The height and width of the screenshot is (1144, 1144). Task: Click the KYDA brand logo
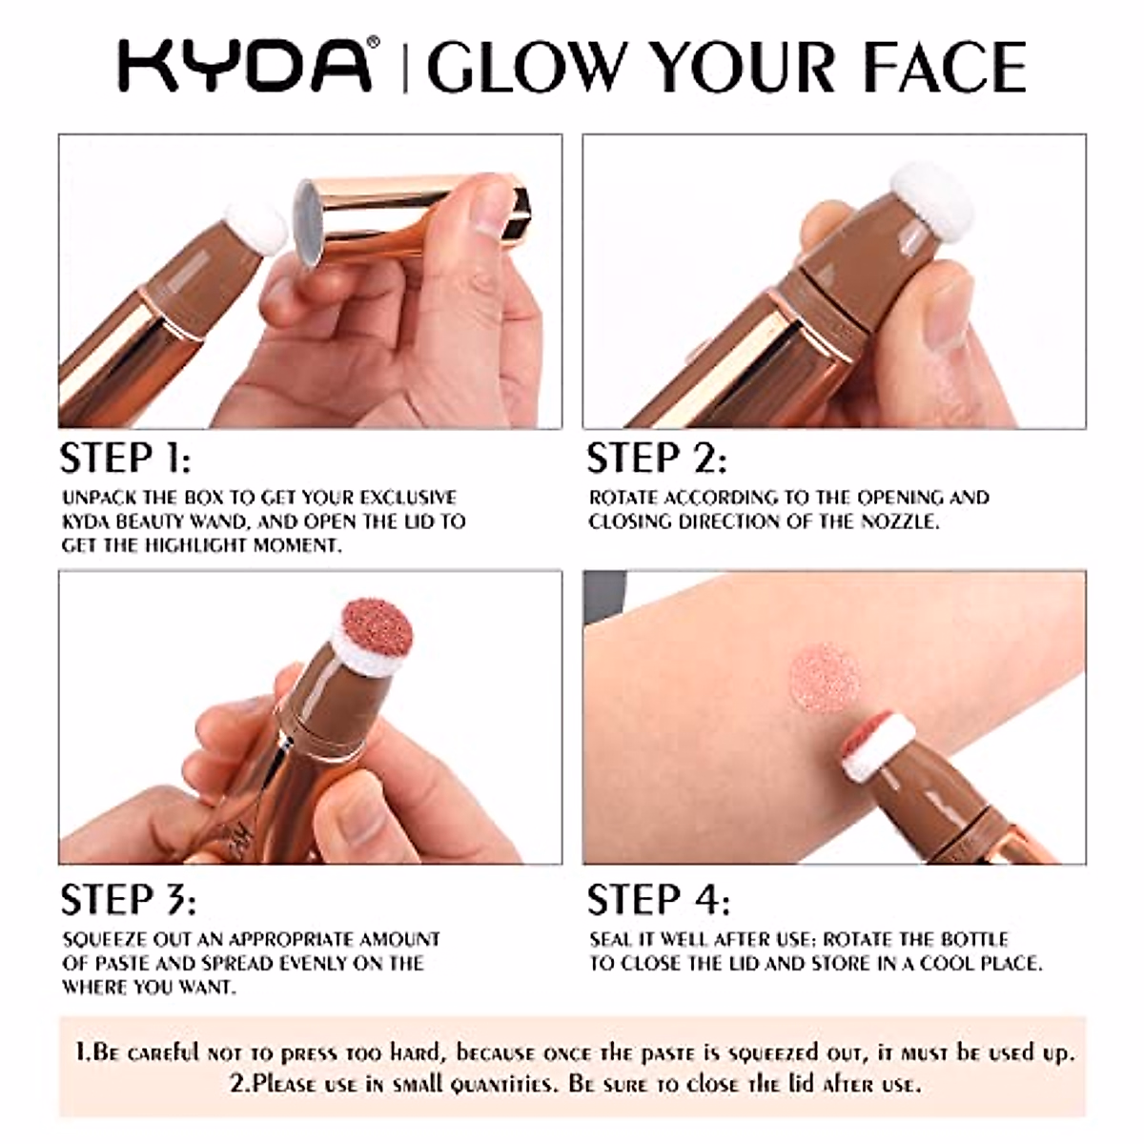(244, 66)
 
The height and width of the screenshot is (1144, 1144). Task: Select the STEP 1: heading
(125, 459)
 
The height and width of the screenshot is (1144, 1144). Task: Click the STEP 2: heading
(657, 459)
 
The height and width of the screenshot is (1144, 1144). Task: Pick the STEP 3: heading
(128, 900)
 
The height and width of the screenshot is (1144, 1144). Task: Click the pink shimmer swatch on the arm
(825, 677)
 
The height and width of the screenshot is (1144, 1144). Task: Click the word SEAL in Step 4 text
(611, 939)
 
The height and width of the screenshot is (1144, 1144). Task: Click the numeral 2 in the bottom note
(235, 1084)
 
